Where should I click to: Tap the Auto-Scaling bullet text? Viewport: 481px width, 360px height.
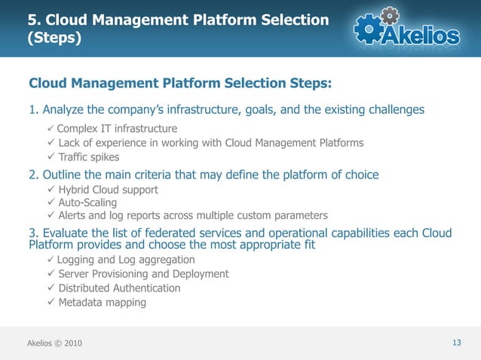(x=87, y=203)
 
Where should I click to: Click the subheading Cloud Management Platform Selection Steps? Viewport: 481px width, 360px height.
(x=180, y=81)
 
